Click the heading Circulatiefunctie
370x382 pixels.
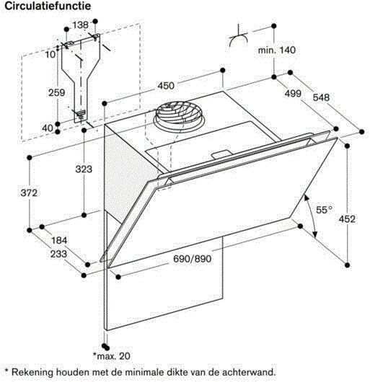48,6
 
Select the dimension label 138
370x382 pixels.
81,25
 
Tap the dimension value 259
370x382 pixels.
57,92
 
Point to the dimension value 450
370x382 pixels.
166,86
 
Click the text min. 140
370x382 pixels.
277,50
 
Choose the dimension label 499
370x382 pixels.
294,93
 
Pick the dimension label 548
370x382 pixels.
321,97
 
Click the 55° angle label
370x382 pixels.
324,210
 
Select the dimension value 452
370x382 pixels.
347,219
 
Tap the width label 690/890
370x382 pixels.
193,259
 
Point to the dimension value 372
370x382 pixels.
29,193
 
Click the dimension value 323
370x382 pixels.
84,169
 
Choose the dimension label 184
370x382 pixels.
59,241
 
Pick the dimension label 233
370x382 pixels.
58,254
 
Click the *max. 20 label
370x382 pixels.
111,356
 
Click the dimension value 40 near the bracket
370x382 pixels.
48,128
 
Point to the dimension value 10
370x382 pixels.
50,55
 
